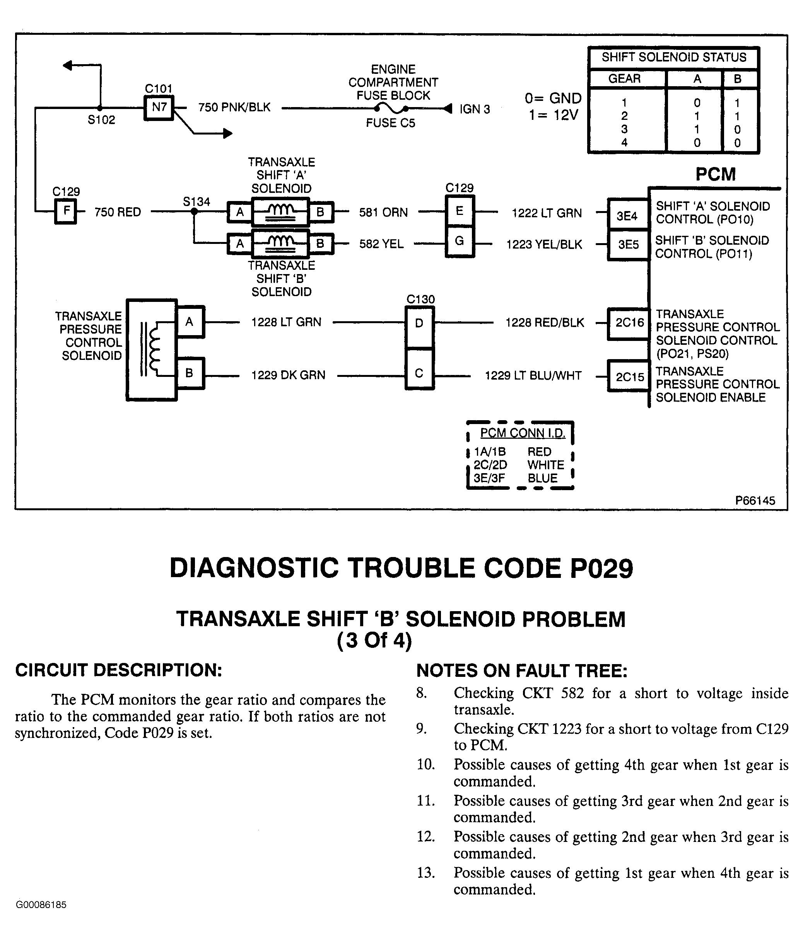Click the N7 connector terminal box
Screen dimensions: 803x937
point(159,107)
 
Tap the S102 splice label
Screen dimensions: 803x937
point(101,120)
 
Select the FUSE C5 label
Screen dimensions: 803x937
point(390,123)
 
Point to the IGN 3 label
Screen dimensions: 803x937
point(475,109)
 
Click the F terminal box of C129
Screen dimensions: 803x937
point(66,211)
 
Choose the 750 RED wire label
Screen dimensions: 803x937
point(118,212)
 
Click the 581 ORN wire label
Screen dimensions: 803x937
point(383,213)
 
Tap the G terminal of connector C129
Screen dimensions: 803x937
point(460,241)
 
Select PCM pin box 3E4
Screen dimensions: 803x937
point(627,216)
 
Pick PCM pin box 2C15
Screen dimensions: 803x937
point(629,376)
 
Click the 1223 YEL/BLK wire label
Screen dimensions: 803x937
point(544,245)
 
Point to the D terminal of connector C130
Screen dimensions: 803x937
point(419,323)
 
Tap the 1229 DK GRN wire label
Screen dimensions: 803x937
point(288,375)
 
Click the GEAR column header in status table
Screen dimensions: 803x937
point(624,79)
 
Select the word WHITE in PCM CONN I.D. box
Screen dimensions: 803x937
point(546,465)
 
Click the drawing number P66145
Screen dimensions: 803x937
point(755,501)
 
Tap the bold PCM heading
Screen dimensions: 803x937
point(715,174)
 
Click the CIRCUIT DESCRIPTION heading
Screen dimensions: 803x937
point(118,670)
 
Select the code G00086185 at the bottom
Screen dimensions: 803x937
point(41,905)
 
